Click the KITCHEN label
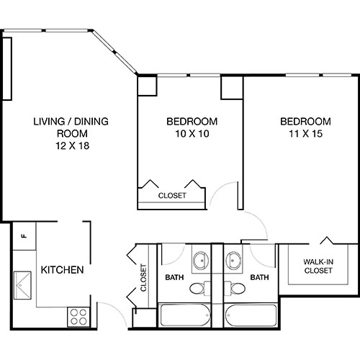63,270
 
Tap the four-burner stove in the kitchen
77,315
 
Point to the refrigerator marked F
24,235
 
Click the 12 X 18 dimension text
71,145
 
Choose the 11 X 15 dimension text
305,133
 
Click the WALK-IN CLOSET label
318,266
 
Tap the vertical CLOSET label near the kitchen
143,277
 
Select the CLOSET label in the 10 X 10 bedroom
172,195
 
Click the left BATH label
174,276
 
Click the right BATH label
259,276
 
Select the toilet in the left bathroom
197,289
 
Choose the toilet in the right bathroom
235,289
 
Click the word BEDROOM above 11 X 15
305,121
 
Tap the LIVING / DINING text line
71,121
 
